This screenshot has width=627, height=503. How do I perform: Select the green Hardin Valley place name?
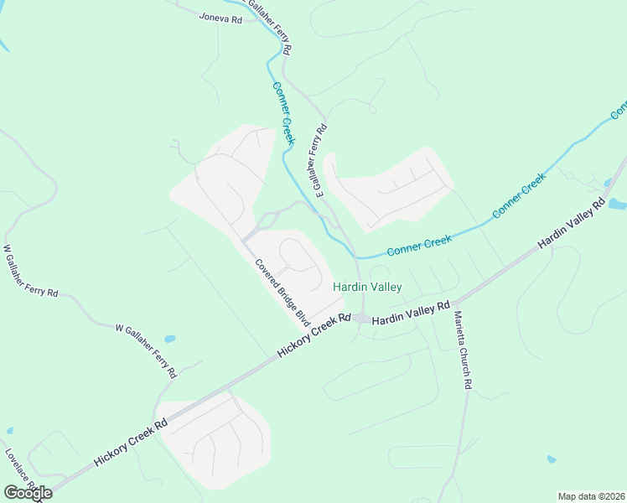tap(367, 287)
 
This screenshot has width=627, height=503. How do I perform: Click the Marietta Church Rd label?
tap(464, 350)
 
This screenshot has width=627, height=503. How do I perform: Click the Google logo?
tap(27, 493)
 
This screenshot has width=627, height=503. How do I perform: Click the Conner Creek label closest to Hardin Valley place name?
tap(419, 246)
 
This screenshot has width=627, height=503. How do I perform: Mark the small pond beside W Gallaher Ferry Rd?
tap(170, 340)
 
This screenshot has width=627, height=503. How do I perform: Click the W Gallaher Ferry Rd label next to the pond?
tap(146, 348)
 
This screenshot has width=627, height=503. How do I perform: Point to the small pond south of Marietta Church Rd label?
tap(551, 459)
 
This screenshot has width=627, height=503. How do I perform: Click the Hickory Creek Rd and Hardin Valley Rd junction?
tap(360, 318)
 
